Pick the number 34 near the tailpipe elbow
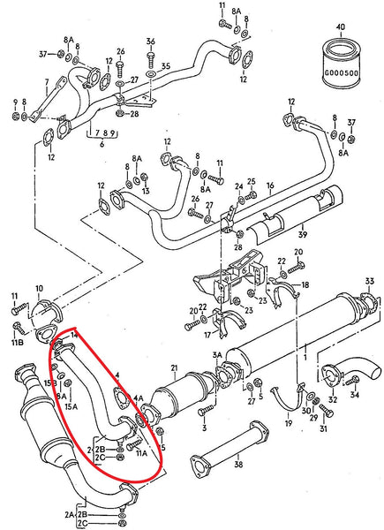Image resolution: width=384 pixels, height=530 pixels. [355, 395]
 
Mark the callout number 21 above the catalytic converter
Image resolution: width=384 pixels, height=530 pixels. [175, 367]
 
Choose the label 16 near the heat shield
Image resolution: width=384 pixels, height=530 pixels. [270, 186]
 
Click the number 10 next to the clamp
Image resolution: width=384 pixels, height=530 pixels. [38, 289]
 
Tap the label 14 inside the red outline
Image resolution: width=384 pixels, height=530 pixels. [74, 337]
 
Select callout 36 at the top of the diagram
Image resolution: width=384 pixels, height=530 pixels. [150, 41]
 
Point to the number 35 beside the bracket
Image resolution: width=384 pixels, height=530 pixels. [166, 65]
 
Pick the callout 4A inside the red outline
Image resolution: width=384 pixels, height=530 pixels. [136, 398]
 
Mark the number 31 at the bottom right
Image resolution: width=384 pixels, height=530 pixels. [323, 430]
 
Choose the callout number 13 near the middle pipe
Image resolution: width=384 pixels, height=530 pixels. [146, 190]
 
